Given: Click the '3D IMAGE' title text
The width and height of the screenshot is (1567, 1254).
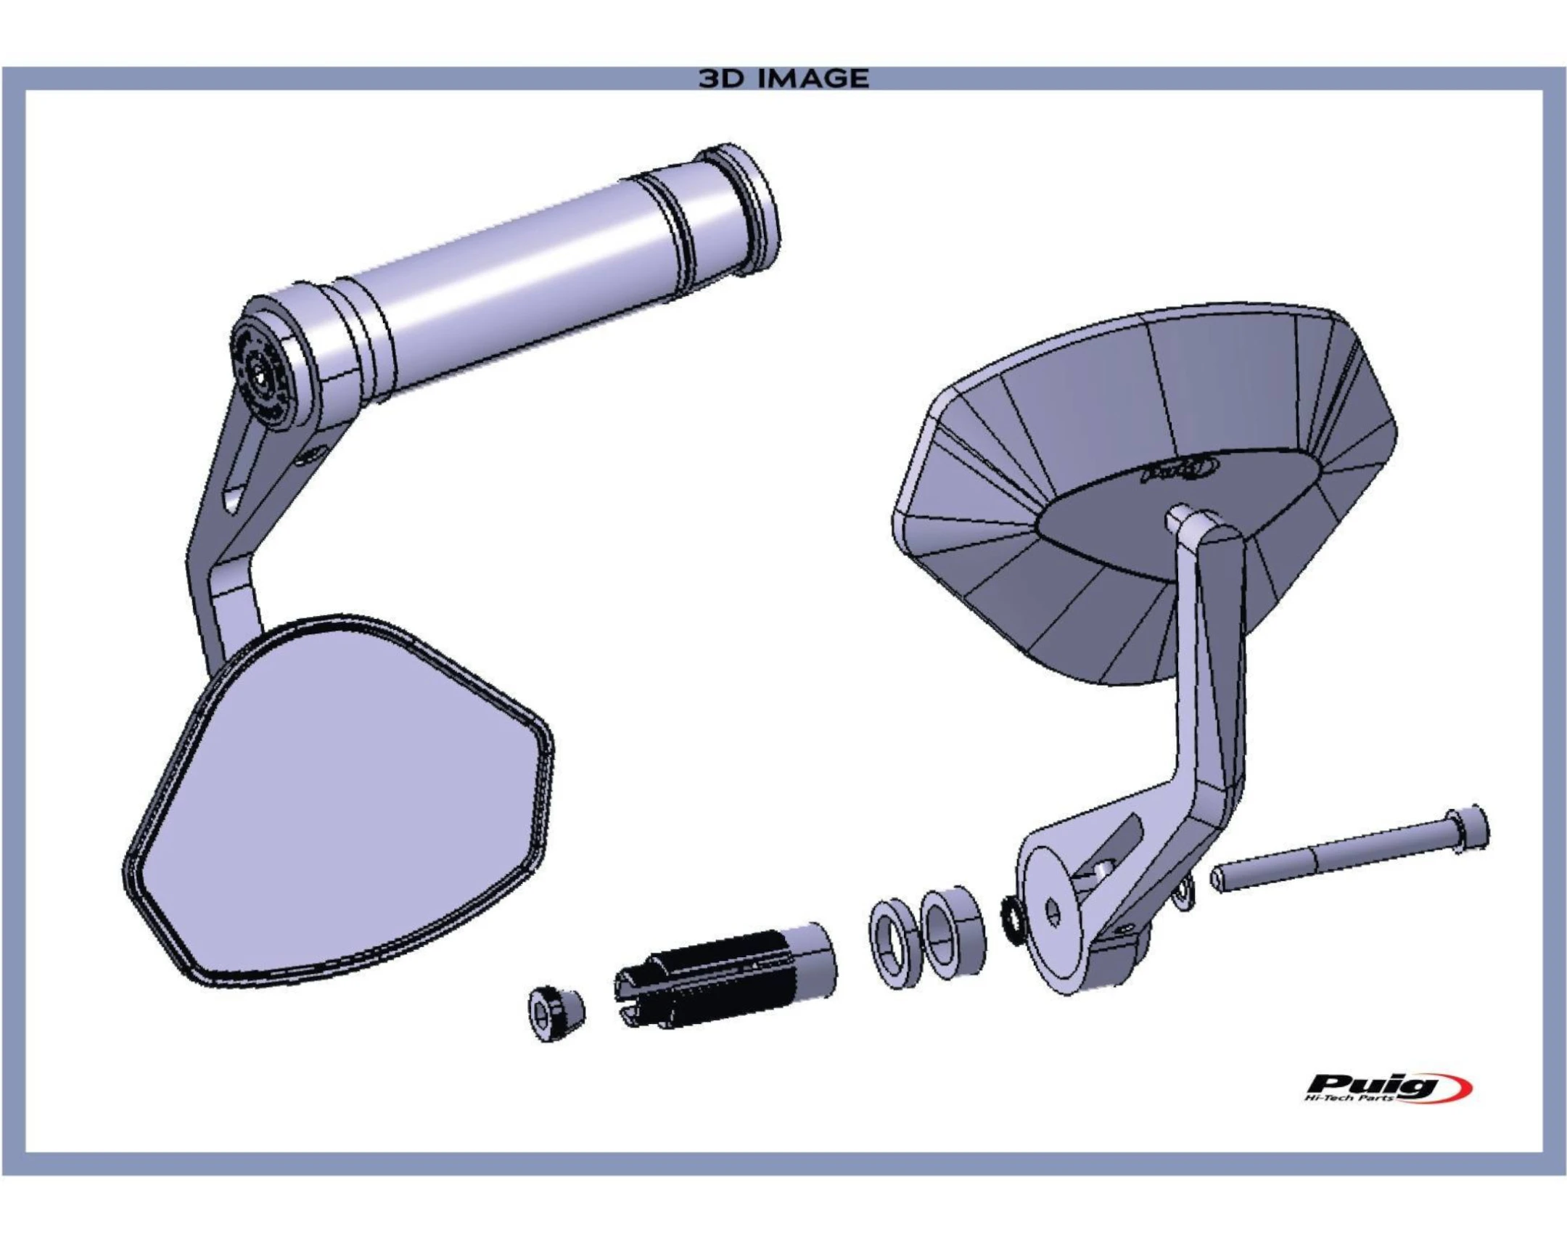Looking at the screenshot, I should click(x=783, y=78).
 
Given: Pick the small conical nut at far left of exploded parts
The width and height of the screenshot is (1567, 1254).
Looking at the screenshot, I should click(x=555, y=1013).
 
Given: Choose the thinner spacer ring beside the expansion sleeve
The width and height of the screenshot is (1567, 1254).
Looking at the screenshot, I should click(x=894, y=943).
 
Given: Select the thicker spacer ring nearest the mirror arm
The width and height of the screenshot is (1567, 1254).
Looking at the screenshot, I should click(x=953, y=933).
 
